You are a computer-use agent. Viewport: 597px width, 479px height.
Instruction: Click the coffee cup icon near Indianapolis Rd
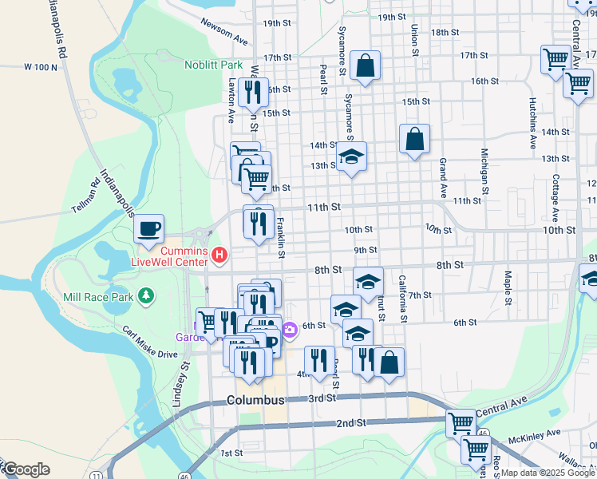tap(148, 229)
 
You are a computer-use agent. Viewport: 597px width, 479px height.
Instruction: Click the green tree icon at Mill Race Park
tap(145, 297)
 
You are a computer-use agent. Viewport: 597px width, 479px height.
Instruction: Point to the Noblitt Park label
tap(213, 65)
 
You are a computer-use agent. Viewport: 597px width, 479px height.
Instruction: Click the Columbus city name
tap(255, 399)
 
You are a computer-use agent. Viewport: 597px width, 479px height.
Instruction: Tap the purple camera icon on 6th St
tap(289, 328)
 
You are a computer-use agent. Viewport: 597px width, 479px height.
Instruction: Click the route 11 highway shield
tap(96, 475)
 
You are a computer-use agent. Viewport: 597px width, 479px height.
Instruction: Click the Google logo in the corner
tap(26, 469)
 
